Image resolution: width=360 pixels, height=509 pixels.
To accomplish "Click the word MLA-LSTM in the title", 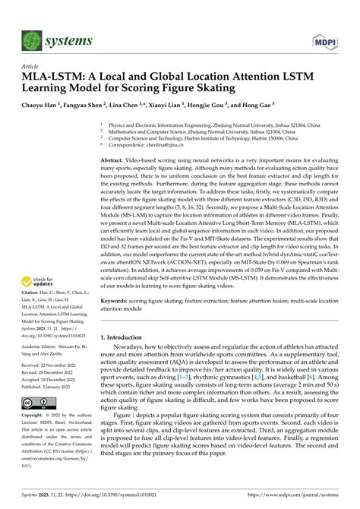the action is point(52,77).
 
